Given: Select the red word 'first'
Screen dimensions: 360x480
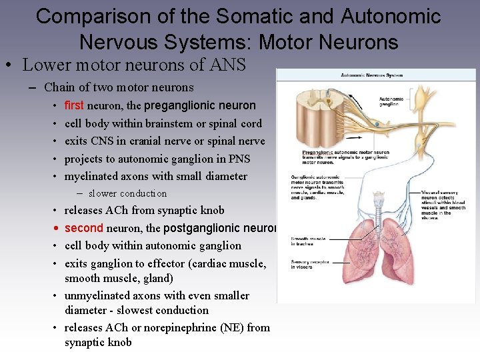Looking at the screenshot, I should click(x=73, y=105).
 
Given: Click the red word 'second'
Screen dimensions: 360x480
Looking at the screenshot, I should click(x=83, y=228).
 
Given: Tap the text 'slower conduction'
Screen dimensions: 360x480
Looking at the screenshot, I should click(x=127, y=193).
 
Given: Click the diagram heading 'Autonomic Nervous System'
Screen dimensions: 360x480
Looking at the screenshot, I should click(x=372, y=75).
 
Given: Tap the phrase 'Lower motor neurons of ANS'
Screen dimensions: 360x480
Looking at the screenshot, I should click(x=134, y=65).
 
